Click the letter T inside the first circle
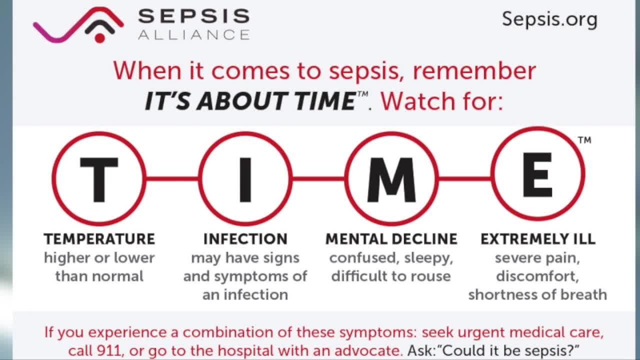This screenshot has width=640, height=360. point(99,179)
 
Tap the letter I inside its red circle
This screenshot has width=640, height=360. point(245,179)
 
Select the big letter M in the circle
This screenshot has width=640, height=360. point(391,179)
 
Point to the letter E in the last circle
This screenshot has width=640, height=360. point(537,174)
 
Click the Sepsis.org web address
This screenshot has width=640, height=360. point(549,19)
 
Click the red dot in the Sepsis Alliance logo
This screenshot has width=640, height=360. point(99,38)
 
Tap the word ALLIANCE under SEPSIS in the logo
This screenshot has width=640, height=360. point(194,35)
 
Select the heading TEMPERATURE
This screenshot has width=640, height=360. point(99,239)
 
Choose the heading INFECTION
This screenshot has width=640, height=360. point(245,239)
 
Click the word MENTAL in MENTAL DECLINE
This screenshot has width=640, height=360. point(356,239)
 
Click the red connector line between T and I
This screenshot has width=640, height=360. point(172,179)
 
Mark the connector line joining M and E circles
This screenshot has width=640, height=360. point(464,179)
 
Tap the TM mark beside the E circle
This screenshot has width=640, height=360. point(584,140)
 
